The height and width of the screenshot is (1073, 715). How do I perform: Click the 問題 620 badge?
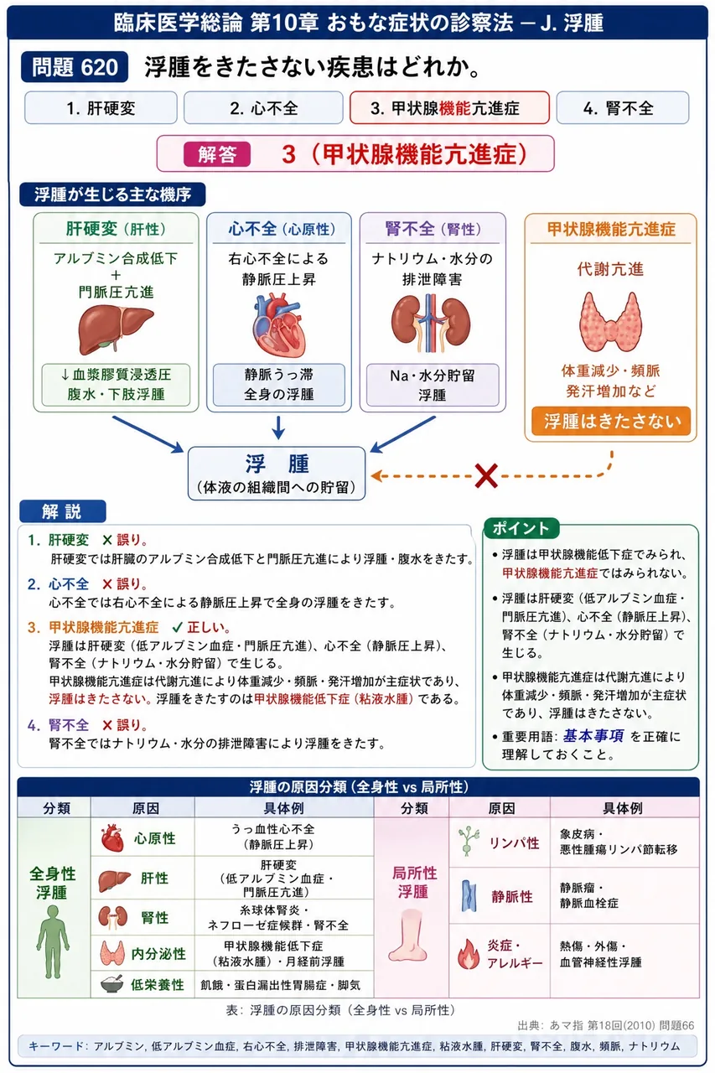(75, 67)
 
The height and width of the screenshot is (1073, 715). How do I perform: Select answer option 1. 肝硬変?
(101, 108)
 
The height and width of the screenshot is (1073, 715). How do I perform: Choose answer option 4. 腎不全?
(622, 108)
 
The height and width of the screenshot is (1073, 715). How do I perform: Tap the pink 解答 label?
(217, 154)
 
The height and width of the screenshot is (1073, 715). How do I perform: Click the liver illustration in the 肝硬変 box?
(116, 329)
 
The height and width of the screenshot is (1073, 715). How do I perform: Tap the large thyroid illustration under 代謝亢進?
(610, 321)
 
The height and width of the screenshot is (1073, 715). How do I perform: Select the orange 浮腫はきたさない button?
(611, 421)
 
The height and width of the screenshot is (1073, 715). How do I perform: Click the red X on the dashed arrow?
(486, 475)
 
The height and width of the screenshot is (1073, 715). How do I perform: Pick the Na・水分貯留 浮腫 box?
(432, 385)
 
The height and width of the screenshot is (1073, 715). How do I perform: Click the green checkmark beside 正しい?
(177, 627)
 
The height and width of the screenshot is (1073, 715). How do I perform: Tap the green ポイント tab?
(521, 528)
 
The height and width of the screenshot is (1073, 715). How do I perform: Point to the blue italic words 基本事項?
(593, 736)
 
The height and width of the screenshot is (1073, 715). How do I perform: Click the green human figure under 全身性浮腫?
(53, 941)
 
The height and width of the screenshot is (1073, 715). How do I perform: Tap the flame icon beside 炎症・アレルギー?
(469, 954)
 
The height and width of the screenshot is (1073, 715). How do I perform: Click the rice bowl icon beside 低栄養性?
(112, 984)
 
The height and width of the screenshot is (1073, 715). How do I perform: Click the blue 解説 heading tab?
(62, 511)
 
